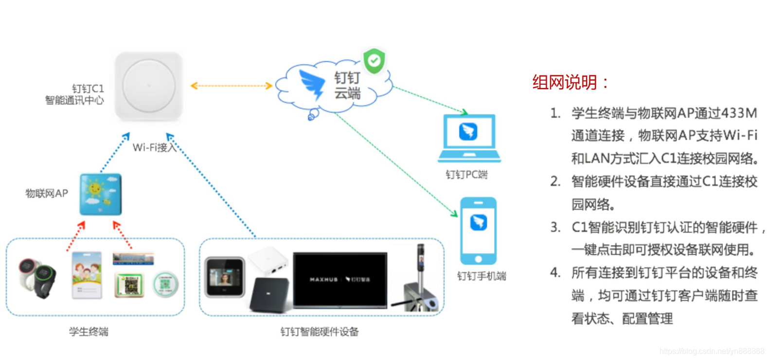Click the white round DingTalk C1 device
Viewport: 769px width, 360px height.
pyautogui.click(x=148, y=86)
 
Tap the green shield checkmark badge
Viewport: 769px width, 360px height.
pyautogui.click(x=374, y=61)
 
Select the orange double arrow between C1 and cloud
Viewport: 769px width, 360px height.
pyautogui.click(x=231, y=86)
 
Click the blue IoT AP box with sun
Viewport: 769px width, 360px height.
pyautogui.click(x=101, y=194)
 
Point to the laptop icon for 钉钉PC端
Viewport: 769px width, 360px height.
pyautogui.click(x=469, y=138)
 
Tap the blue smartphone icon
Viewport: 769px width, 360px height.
pyautogui.click(x=479, y=231)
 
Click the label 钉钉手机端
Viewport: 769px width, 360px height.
pyautogui.click(x=482, y=276)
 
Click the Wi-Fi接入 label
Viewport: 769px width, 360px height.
pyautogui.click(x=154, y=147)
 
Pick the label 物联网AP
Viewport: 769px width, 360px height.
pyautogui.click(x=47, y=193)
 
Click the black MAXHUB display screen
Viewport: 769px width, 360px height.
pyautogui.click(x=340, y=280)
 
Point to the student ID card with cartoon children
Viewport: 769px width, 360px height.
pyautogui.click(x=87, y=275)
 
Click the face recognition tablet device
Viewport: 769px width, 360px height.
pyautogui.click(x=225, y=277)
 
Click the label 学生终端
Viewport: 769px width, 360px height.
pyautogui.click(x=89, y=332)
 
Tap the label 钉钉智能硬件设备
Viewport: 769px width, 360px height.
pyautogui.click(x=319, y=332)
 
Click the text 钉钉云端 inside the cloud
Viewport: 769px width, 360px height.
pyautogui.click(x=347, y=85)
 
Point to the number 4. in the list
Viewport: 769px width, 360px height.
pyautogui.click(x=555, y=272)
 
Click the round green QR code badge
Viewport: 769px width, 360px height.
pyautogui.click(x=166, y=285)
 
